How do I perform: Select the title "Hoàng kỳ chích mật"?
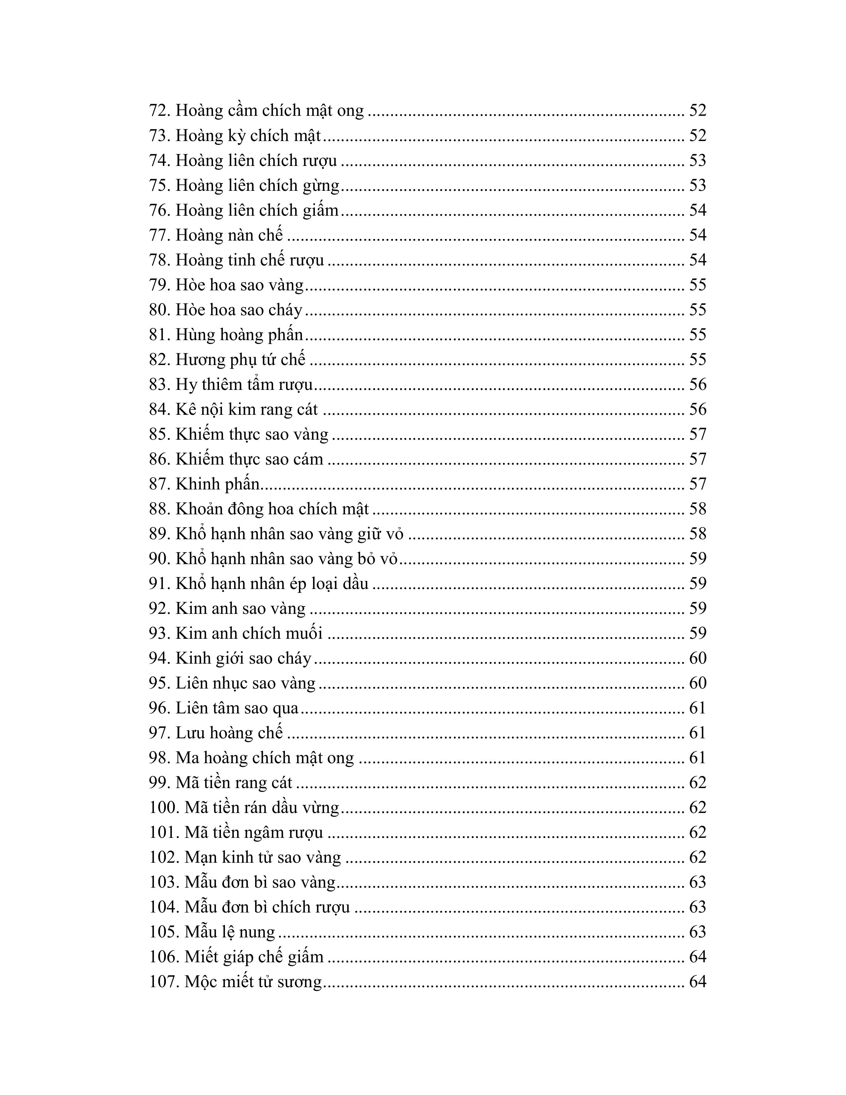248,136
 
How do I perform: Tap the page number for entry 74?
697,161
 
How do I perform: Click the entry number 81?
159,335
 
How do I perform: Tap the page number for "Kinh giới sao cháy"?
697,658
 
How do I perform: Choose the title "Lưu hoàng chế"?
229,733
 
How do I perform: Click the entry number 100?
164,808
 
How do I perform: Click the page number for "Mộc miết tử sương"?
697,982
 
